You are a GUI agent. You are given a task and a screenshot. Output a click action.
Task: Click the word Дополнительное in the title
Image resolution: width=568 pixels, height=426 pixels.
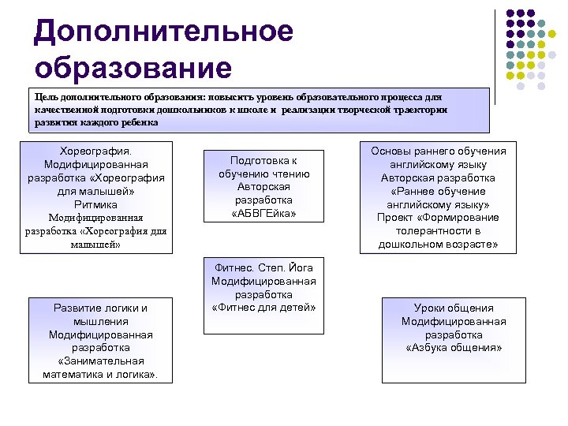click(x=164, y=32)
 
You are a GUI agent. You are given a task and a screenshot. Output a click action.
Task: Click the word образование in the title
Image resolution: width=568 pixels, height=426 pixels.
click(x=133, y=67)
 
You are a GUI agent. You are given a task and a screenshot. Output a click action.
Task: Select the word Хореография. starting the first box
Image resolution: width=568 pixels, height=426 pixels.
click(x=95, y=150)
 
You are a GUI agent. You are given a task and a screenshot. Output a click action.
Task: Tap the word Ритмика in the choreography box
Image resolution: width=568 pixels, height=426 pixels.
click(x=95, y=204)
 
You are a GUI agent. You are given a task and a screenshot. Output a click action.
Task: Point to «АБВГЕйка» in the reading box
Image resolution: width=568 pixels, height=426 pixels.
click(x=264, y=213)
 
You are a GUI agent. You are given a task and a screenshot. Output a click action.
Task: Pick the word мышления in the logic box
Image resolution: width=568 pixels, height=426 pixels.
click(x=100, y=321)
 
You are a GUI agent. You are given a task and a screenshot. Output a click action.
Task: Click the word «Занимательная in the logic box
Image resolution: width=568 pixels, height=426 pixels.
click(x=100, y=361)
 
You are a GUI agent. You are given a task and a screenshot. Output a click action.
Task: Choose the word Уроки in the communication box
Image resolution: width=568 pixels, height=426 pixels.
click(x=432, y=308)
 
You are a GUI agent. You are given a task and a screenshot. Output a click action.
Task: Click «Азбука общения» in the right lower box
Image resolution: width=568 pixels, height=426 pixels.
click(x=454, y=347)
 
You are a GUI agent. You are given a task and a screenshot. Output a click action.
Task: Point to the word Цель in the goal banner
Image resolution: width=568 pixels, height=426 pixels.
click(x=46, y=95)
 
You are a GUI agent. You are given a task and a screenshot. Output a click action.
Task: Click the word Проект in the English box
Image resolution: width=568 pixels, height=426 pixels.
click(x=395, y=217)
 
